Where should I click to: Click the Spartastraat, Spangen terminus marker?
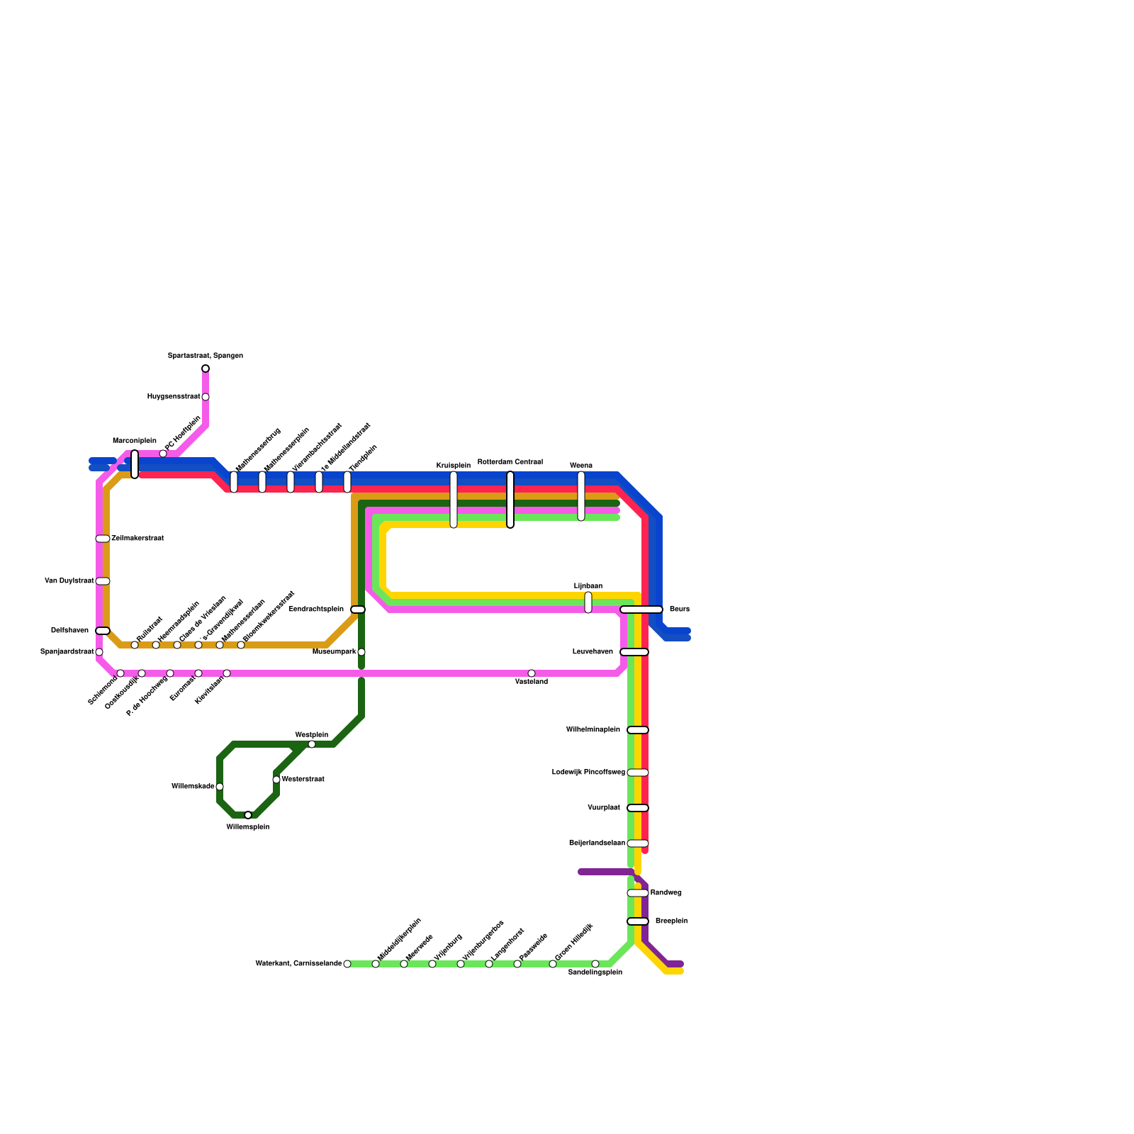[206, 369]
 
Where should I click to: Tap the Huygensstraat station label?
[174, 397]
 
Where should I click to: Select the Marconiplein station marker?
[135, 464]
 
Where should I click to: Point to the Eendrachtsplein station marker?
[358, 610]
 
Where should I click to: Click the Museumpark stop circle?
[361, 652]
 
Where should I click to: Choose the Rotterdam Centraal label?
[510, 462]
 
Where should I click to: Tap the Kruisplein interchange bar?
[454, 500]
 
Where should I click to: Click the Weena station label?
[581, 466]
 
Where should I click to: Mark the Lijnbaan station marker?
[588, 602]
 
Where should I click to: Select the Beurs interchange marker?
[641, 610]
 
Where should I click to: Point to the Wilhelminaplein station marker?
[638, 730]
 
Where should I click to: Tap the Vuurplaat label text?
[604, 808]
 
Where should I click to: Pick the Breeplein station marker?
[638, 921]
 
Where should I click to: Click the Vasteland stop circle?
[532, 673]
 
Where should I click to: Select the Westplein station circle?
[312, 744]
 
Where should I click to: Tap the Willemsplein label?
[247, 827]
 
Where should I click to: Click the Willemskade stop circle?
[220, 787]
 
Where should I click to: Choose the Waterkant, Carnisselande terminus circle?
[347, 964]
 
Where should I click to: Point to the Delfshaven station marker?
[103, 631]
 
